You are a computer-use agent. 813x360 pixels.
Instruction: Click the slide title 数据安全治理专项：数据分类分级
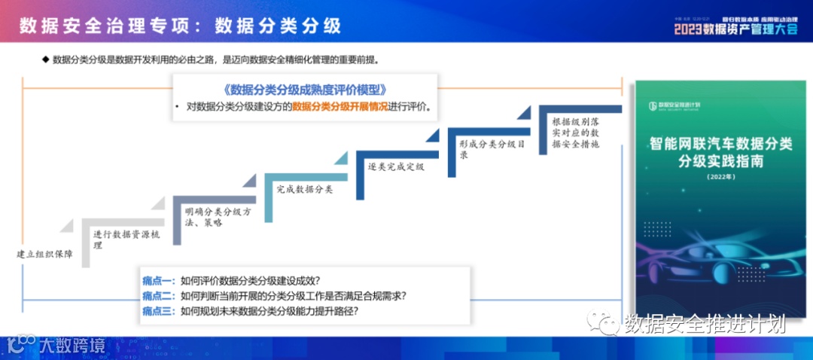click(180, 26)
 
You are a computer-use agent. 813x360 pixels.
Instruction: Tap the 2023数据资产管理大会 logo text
click(735, 29)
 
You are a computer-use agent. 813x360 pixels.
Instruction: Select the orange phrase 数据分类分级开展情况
click(340, 107)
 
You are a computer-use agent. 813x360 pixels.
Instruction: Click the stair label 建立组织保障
click(45, 254)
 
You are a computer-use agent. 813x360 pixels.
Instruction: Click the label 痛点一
click(158, 281)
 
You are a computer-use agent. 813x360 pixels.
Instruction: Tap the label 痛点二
click(158, 295)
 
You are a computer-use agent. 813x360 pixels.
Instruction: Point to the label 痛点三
click(158, 310)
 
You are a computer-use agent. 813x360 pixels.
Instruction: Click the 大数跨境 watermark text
click(72, 346)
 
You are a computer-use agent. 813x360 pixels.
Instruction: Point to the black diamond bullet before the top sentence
click(45, 59)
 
